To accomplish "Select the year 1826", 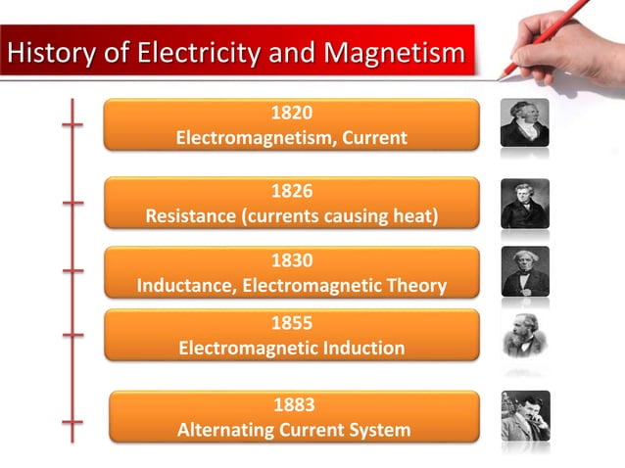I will click(291, 192).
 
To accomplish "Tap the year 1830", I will click(291, 261).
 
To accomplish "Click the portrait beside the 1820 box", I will click(525, 122).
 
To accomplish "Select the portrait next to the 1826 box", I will click(525, 203).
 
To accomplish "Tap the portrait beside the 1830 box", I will click(525, 271).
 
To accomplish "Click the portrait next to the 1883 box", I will click(525, 415).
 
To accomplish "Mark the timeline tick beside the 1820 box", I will click(72, 124).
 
